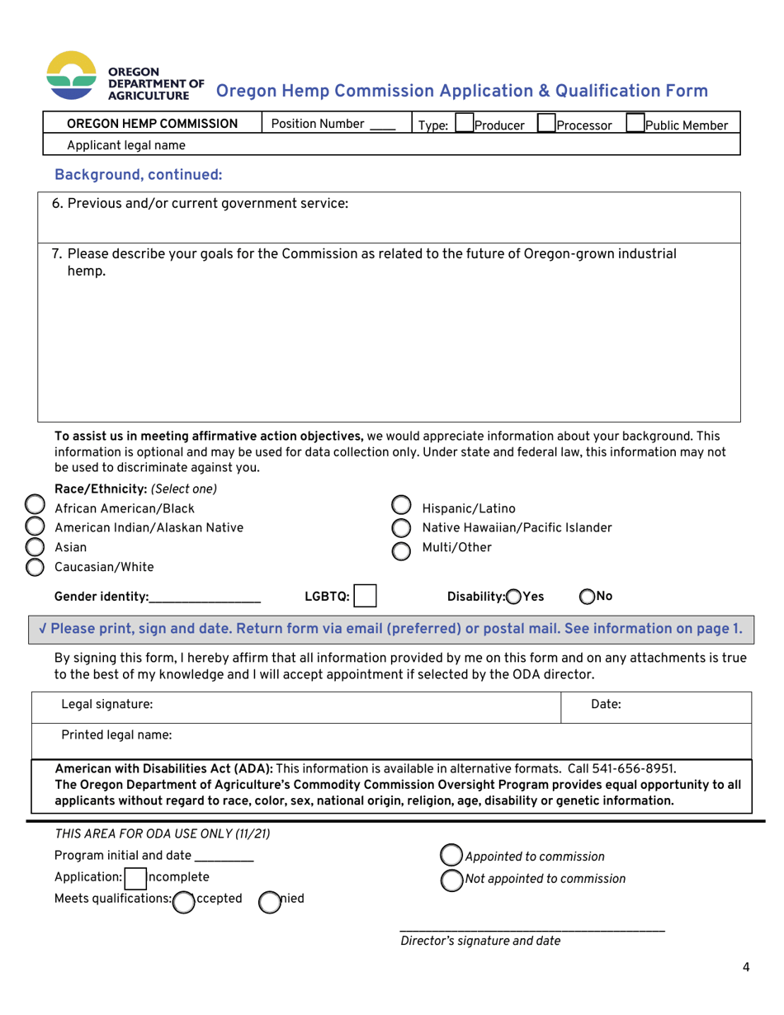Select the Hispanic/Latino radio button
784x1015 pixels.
[401, 507]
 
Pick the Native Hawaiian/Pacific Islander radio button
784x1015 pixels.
[401, 528]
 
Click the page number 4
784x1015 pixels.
[746, 968]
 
